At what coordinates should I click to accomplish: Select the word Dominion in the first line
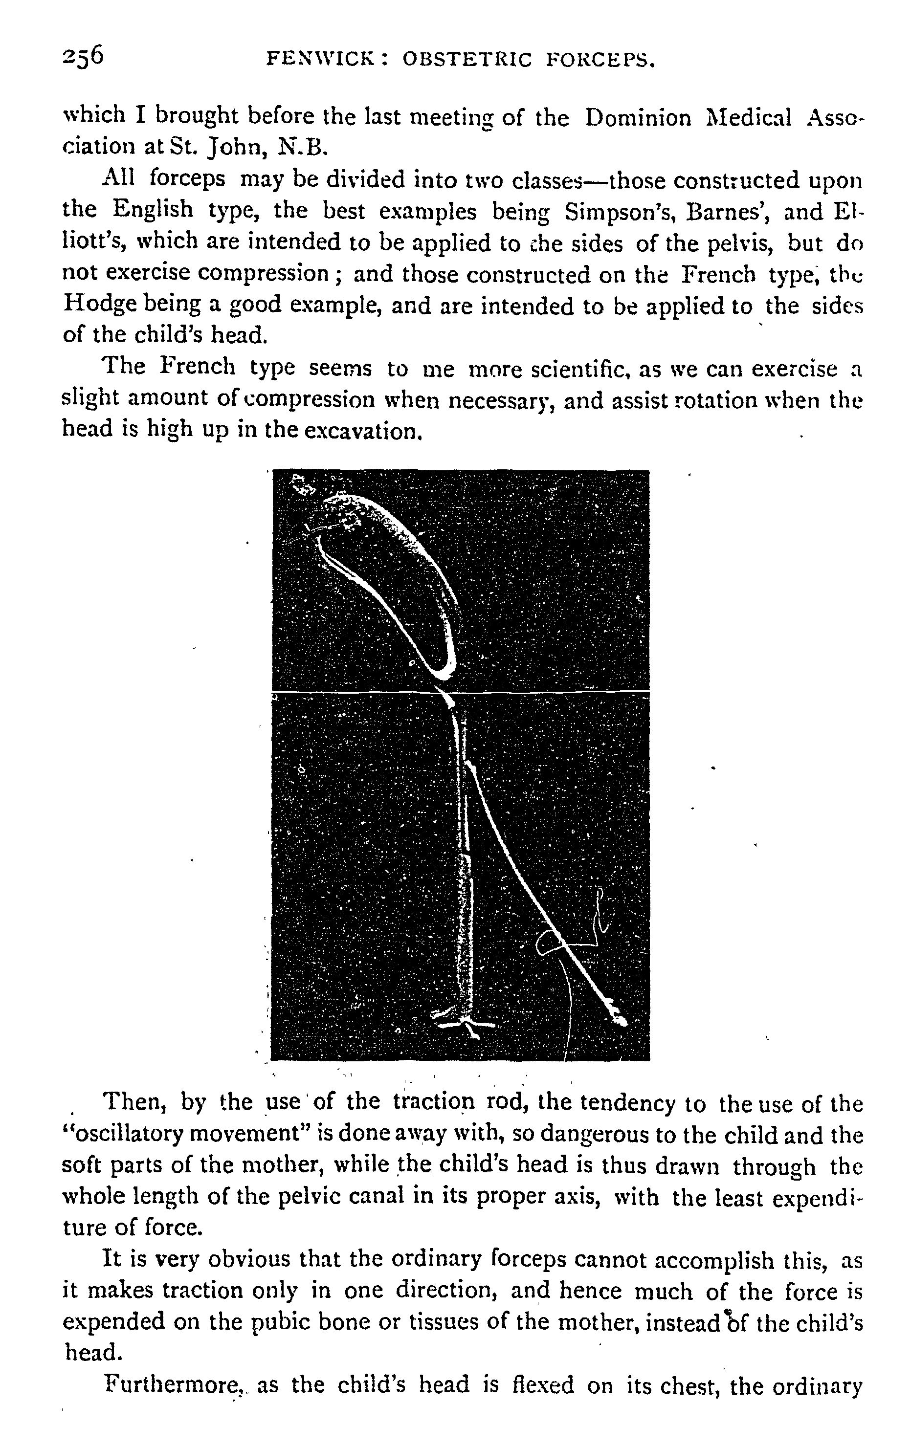point(638,117)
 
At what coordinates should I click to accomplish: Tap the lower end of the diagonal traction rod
point(618,1019)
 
